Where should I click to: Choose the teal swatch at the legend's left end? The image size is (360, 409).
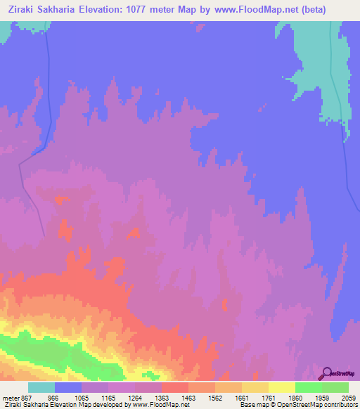point(41,387)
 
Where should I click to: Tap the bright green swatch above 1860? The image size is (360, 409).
point(308,387)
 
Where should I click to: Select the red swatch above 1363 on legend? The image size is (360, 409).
point(174,387)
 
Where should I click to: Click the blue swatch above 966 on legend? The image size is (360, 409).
point(68,387)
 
